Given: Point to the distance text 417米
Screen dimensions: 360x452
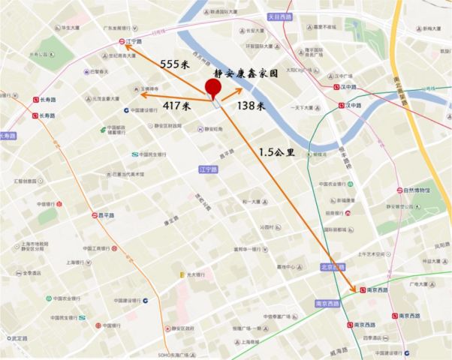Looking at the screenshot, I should pos(177,106).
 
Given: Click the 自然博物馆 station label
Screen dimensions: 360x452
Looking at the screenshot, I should pos(414,190).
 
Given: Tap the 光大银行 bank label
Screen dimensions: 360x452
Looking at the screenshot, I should pos(194,275).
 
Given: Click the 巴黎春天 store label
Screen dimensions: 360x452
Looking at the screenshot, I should pos(96,72).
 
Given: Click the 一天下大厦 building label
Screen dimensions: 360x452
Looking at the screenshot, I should pos(290,108).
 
